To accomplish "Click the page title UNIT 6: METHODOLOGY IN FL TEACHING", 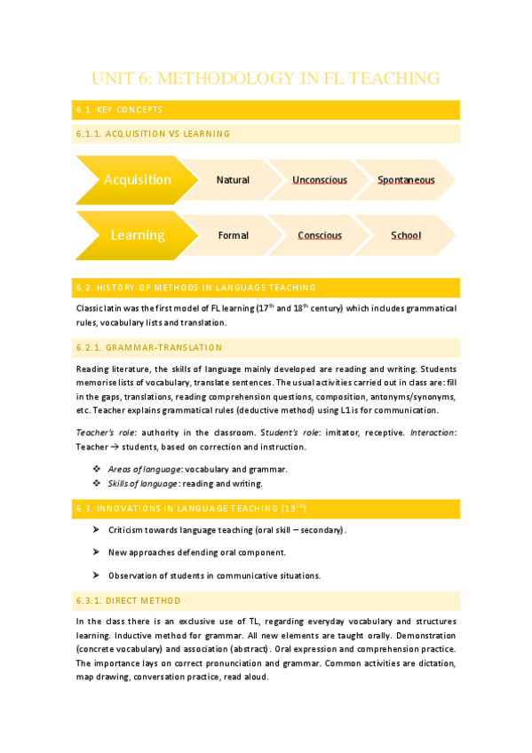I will pyautogui.click(x=266, y=79).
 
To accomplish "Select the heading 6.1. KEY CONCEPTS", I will pyautogui.click(x=119, y=110).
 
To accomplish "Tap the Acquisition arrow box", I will pyautogui.click(x=137, y=179).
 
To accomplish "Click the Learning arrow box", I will pyautogui.click(x=137, y=235).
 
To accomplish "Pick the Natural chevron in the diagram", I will pyautogui.click(x=233, y=179).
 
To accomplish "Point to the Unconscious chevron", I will pyautogui.click(x=320, y=179).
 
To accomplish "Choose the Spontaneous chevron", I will pyautogui.click(x=406, y=179).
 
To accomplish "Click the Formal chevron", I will pyautogui.click(x=233, y=235).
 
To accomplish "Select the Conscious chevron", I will pyautogui.click(x=320, y=235).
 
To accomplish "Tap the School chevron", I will pyautogui.click(x=406, y=235).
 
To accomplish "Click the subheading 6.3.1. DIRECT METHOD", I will pyautogui.click(x=129, y=600).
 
